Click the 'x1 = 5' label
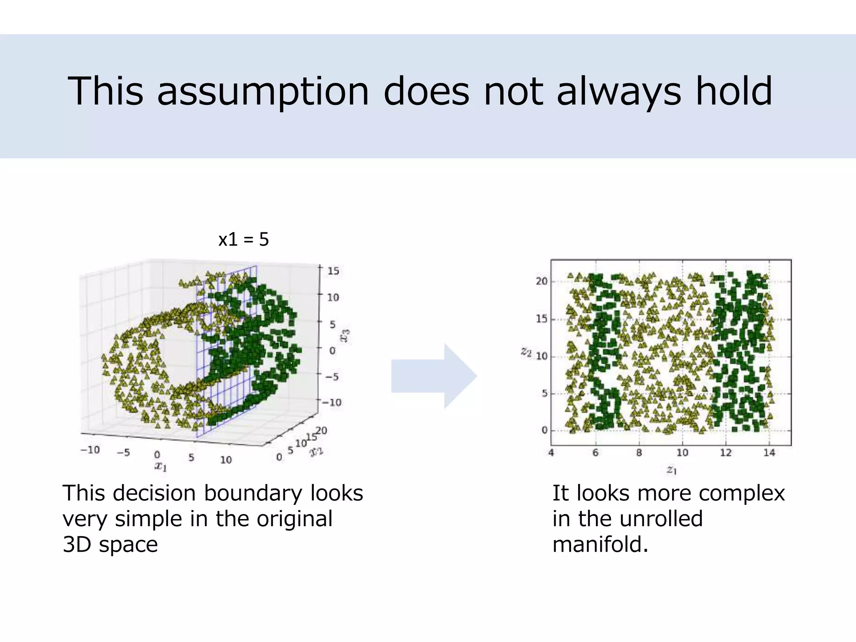(x=243, y=239)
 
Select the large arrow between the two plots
(x=433, y=376)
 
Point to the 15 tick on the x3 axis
(x=333, y=271)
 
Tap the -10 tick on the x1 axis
(x=90, y=450)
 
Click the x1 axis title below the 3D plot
(x=160, y=466)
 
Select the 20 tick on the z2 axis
(x=541, y=281)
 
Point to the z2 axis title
(x=526, y=352)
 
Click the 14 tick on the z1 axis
(x=769, y=453)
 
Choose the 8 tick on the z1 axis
(x=639, y=453)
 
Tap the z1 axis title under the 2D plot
(x=671, y=470)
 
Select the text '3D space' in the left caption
(x=110, y=544)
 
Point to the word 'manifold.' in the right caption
(x=600, y=544)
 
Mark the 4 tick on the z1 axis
(x=551, y=453)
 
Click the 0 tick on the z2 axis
(x=544, y=430)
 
